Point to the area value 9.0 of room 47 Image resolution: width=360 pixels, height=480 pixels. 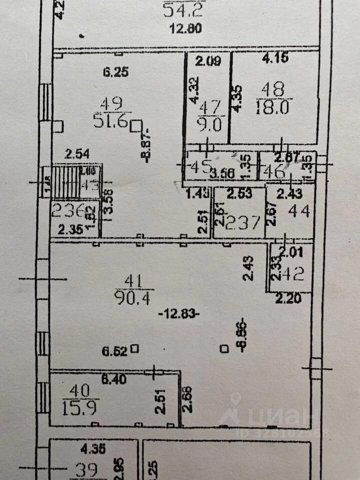[x=210, y=123]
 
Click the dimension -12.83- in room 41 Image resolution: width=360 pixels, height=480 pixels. [x=178, y=314]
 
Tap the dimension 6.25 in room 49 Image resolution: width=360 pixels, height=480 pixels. [x=116, y=72]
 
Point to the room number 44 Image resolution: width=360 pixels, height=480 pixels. [x=299, y=211]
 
